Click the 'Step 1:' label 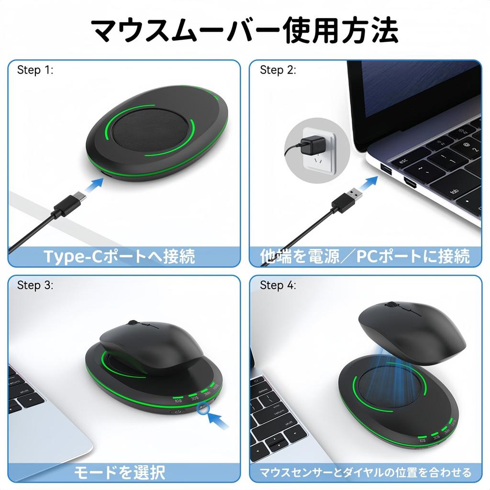tap(35, 70)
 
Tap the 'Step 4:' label tap(278, 286)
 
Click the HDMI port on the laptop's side tap(411, 182)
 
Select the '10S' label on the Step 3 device tap(179, 401)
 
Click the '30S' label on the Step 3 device tap(194, 397)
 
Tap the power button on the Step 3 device tap(178, 412)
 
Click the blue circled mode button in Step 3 tap(203, 408)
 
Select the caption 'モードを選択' tap(120, 473)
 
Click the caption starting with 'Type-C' tap(120, 256)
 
